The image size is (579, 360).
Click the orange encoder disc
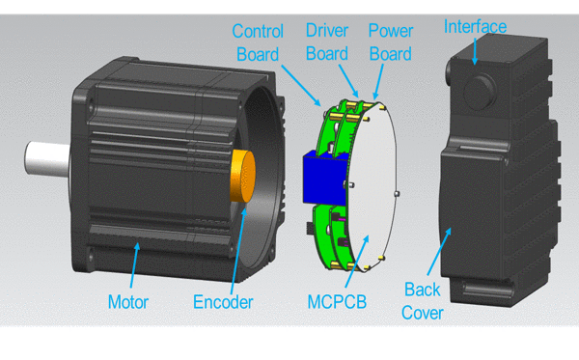click(x=242, y=176)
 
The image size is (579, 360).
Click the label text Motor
click(x=128, y=302)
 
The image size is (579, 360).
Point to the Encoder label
click(x=223, y=302)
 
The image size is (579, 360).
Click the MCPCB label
click(x=337, y=302)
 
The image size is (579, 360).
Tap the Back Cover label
click(x=422, y=301)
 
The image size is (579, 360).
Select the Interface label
click(x=475, y=27)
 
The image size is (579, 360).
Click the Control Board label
click(x=258, y=42)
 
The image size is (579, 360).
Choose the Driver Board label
click(x=327, y=42)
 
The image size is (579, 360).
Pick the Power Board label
click(x=391, y=42)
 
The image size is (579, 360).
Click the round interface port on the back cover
click(x=479, y=92)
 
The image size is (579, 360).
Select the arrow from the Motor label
click(x=135, y=264)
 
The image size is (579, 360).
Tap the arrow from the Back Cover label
click(x=439, y=252)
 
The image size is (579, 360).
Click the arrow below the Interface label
click(x=475, y=51)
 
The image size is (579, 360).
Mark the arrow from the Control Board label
click(x=301, y=86)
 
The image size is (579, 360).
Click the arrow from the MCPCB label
click(x=357, y=261)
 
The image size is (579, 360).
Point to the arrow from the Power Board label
click(x=378, y=82)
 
